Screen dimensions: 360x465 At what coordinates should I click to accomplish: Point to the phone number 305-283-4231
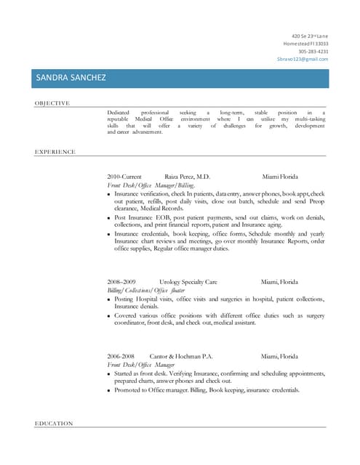point(313,52)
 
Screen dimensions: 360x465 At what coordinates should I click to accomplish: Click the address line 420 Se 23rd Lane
point(310,36)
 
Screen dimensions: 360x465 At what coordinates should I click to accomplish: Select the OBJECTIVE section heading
point(52,103)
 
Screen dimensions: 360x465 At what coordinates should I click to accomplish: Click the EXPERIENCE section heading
point(55,152)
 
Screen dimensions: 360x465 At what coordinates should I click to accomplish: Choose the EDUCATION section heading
point(53,423)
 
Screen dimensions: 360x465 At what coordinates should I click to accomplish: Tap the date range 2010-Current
point(124,177)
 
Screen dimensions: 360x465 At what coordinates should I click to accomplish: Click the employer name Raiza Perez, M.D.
point(187,177)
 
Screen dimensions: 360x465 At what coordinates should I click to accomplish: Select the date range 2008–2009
point(121,281)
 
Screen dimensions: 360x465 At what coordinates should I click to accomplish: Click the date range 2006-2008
point(121,356)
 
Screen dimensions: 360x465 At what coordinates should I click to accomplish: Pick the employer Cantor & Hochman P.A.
point(181,356)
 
